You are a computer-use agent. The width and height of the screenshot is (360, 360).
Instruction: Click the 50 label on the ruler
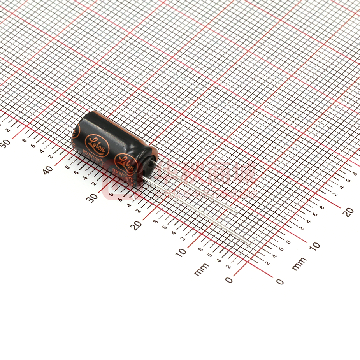[x=5, y=143]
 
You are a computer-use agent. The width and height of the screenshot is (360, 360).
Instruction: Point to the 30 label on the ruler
[x=92, y=197]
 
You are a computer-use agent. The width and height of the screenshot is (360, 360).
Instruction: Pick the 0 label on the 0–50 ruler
[x=229, y=279]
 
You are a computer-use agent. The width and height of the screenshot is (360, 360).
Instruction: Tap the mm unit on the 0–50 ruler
[x=202, y=269]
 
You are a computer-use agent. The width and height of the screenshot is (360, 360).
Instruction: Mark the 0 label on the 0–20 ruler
[x=279, y=281]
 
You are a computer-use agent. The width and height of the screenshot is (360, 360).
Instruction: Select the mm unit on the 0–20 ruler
[x=299, y=264]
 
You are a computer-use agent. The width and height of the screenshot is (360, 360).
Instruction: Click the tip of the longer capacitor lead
[x=249, y=243]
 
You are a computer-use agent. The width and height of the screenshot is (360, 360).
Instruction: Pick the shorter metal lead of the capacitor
[x=195, y=188]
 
